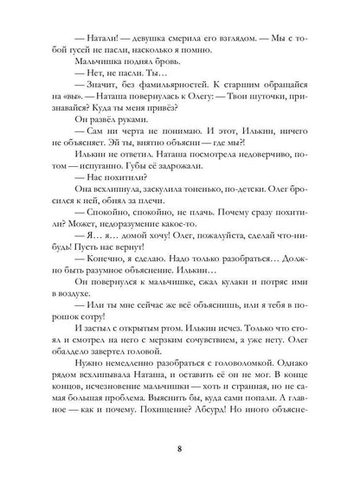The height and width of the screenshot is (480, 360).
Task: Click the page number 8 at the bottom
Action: pyautogui.click(x=179, y=448)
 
